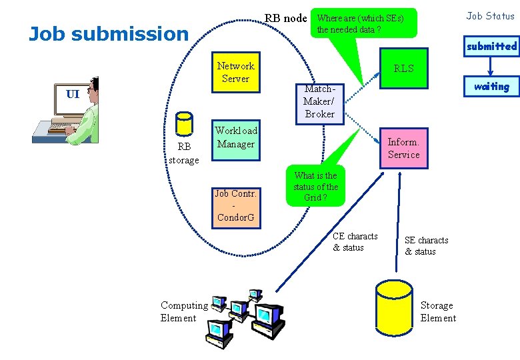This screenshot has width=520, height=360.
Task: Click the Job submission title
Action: pyautogui.click(x=109, y=34)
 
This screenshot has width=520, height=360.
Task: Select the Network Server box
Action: pyautogui.click(x=235, y=72)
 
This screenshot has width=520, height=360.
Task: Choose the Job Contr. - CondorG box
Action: pyautogui.click(x=235, y=205)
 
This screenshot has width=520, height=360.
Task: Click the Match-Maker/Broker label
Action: pyautogui.click(x=319, y=101)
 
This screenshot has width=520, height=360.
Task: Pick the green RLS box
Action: pyautogui.click(x=403, y=69)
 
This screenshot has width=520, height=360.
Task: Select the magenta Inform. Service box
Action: pyautogui.click(x=403, y=148)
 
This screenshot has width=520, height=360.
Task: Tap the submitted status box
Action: pyautogui.click(x=491, y=46)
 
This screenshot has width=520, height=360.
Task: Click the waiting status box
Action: pyautogui.click(x=491, y=86)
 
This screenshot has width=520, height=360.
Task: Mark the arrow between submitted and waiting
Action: pyautogui.click(x=491, y=66)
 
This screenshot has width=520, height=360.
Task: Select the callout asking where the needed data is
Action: pyautogui.click(x=360, y=24)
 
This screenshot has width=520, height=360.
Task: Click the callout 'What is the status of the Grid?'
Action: pyautogui.click(x=315, y=186)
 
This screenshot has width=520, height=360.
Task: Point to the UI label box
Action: pyautogui.click(x=73, y=94)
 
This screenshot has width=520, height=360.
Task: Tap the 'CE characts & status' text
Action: pyautogui.click(x=355, y=242)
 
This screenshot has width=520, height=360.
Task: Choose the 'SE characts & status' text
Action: pyautogui.click(x=426, y=246)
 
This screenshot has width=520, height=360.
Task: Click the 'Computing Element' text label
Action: pyautogui.click(x=183, y=311)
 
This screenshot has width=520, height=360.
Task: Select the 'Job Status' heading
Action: pyautogui.click(x=490, y=16)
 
